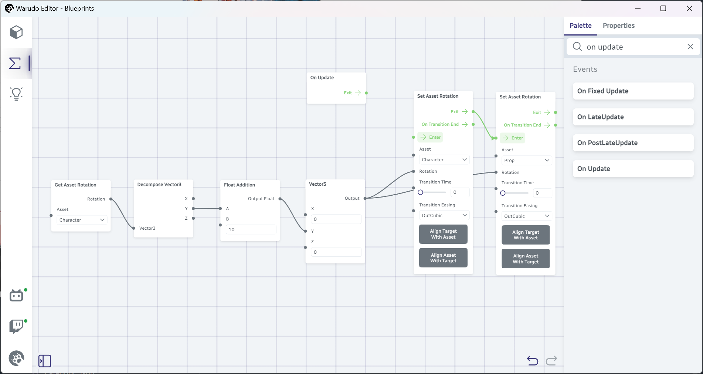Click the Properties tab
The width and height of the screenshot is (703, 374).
point(618,26)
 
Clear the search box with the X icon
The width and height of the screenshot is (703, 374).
point(690,47)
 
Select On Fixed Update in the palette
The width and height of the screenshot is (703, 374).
point(633,91)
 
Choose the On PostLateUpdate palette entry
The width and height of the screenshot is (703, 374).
point(633,143)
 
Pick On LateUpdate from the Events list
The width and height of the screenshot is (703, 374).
point(633,117)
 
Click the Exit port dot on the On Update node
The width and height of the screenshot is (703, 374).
point(366,93)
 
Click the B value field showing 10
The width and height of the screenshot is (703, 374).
point(251,230)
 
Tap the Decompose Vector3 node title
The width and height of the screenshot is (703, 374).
point(159,185)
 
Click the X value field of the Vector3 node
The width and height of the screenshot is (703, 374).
point(336,219)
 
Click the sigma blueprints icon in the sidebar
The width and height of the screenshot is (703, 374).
point(15,63)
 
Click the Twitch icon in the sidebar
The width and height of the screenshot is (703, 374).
point(16,327)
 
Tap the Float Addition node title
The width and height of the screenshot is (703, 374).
point(240,185)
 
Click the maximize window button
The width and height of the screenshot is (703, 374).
point(663,9)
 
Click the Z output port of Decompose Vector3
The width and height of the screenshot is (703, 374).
point(193,218)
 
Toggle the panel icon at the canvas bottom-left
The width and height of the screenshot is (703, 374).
point(45,361)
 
